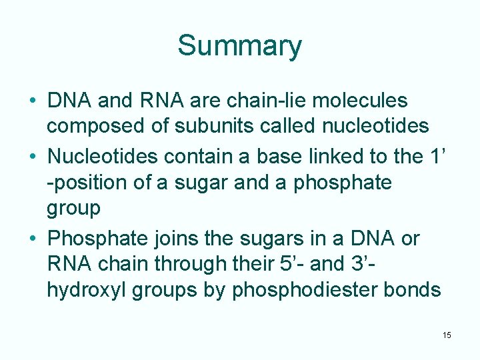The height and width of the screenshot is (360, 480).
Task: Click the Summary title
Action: (x=239, y=46)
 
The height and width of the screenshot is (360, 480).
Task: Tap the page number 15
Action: (x=446, y=335)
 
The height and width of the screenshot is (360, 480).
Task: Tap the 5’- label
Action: (x=286, y=264)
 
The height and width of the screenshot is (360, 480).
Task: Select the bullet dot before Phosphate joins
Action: (x=32, y=239)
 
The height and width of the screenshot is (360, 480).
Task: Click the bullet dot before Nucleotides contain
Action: (x=32, y=157)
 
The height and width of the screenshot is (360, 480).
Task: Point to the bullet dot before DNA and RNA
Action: (x=32, y=101)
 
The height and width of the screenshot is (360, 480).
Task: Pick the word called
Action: (x=294, y=125)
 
